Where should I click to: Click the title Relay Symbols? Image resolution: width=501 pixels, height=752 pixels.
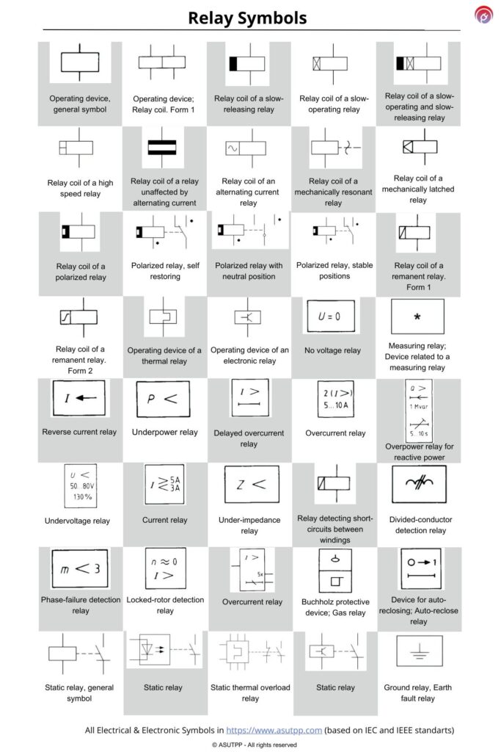(247, 18)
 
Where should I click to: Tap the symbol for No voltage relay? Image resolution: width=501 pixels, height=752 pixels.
(334, 317)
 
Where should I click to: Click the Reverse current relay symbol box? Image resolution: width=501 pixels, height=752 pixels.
(81, 399)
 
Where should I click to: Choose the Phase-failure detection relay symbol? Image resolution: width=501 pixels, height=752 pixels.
(81, 568)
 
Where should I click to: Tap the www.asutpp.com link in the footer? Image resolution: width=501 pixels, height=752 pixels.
(274, 730)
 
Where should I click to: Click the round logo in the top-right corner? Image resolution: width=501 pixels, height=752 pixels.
(483, 15)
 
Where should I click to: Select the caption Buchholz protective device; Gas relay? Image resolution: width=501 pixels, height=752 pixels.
(334, 607)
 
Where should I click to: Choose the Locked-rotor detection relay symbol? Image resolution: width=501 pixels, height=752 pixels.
(165, 568)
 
